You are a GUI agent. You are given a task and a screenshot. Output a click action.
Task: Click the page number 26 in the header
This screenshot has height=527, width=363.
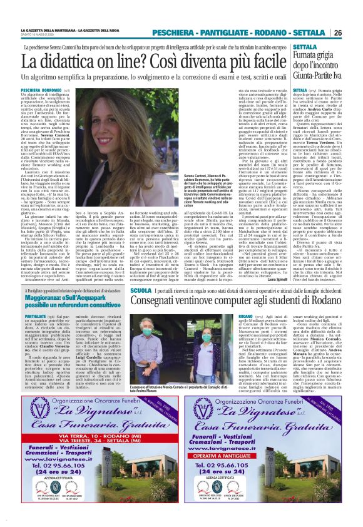pyautogui.click(x=354, y=32)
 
